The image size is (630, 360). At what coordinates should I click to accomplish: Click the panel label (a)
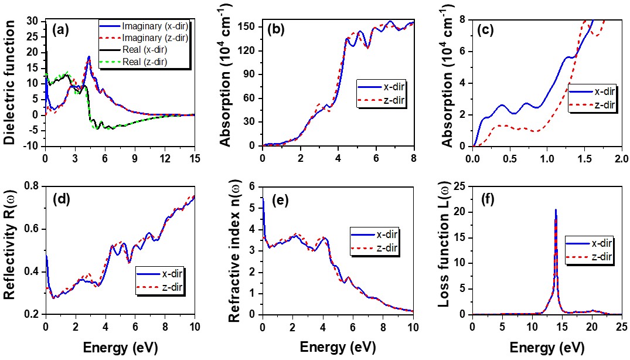click(62, 28)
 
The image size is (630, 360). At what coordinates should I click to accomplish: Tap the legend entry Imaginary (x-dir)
click(149, 27)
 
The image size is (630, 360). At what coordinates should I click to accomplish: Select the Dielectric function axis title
click(9, 83)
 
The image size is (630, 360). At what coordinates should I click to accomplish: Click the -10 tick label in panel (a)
click(32, 146)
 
